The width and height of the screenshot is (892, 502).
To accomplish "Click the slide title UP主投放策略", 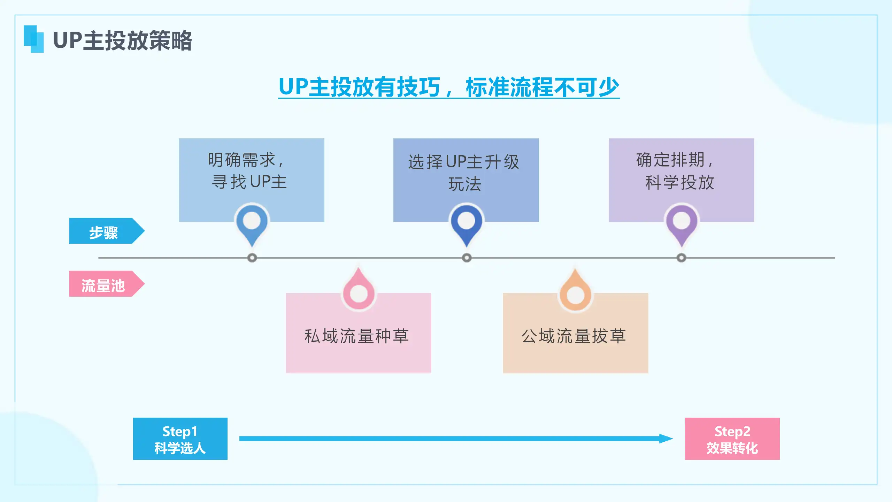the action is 122,40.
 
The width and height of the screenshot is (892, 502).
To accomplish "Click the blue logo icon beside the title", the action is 34,39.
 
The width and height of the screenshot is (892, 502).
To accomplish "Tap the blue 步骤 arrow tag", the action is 107,231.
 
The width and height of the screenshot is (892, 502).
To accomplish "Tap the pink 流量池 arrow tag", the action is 107,284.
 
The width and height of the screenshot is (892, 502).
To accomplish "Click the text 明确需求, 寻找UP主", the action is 248,171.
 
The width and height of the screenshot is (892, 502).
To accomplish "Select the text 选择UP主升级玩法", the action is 464,173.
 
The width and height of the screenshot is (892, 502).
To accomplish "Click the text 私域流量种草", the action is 357,336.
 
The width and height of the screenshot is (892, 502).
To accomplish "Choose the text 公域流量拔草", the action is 574,336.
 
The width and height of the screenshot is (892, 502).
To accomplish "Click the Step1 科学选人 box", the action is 180,439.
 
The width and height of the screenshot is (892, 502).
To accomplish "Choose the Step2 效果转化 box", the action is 732,439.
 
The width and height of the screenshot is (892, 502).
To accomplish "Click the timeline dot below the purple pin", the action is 682,258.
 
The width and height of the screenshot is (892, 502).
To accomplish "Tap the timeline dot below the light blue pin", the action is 252,258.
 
